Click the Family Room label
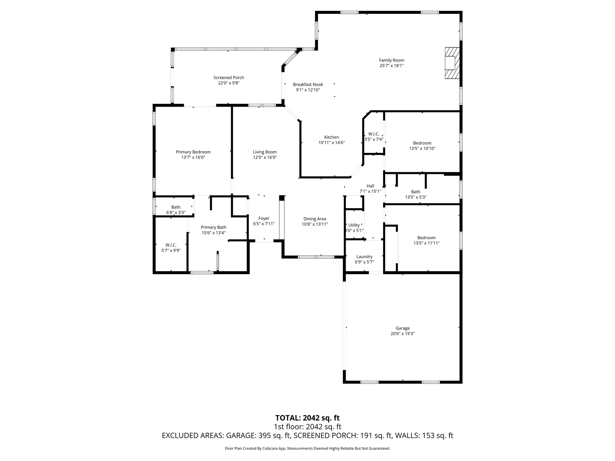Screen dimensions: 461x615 click(x=391, y=60)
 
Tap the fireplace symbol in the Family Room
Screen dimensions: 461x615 click(x=452, y=63)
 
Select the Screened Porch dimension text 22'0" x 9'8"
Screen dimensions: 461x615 click(x=229, y=83)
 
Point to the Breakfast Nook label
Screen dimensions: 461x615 click(x=308, y=85)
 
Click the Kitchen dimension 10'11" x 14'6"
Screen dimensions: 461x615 click(x=331, y=143)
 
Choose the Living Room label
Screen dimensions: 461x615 click(x=265, y=152)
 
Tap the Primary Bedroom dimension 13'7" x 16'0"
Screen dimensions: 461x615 click(x=193, y=158)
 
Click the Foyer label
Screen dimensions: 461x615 click(x=264, y=218)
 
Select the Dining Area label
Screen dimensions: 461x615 click(x=315, y=219)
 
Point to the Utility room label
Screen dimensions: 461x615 click(x=354, y=225)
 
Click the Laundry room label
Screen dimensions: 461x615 click(x=364, y=256)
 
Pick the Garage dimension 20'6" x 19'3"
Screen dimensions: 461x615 click(x=402, y=334)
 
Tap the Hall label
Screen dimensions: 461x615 click(x=370, y=186)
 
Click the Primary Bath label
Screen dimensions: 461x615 click(x=213, y=227)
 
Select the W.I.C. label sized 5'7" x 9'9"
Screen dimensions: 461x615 click(x=171, y=245)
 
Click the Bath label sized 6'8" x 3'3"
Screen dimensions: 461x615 click(x=176, y=207)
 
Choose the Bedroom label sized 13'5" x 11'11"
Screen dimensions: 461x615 click(x=426, y=238)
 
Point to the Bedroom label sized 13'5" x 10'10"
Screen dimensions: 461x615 click(x=422, y=143)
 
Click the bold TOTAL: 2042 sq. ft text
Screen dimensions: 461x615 click(x=307, y=418)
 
